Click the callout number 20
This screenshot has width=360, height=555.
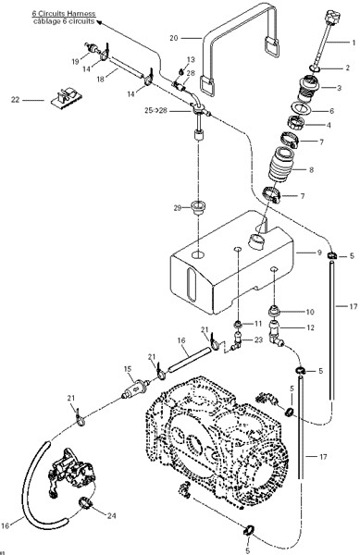pos(174,38)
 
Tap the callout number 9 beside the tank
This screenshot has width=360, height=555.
pos(319,253)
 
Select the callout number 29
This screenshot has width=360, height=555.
pos(178,208)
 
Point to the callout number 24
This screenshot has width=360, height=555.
pos(111,516)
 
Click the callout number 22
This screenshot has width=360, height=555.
pos(15,100)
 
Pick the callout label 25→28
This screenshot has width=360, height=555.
pos(155,111)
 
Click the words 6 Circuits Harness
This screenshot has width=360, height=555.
pos(64,14)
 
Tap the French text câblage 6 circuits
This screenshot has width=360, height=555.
pos(64,21)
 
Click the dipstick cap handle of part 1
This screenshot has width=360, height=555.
pos(332,16)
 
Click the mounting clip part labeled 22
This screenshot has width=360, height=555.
pos(67,97)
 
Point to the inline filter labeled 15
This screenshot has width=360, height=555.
pos(135,388)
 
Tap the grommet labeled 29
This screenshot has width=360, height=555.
pos(199,206)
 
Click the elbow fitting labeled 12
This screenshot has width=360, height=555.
pos(277,333)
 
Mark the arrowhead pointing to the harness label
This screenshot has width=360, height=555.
pos(99,22)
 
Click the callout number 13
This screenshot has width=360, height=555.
pos(192,59)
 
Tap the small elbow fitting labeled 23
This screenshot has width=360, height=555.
pos(237,340)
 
